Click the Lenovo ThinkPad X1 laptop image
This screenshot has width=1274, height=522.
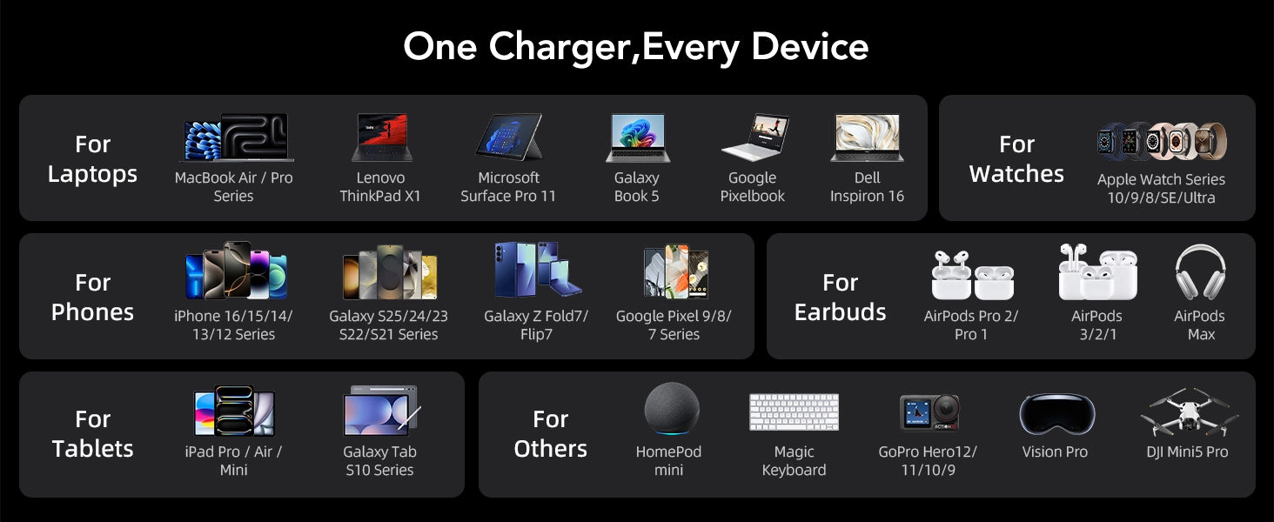(382, 137)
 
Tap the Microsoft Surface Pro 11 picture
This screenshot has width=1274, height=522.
(509, 137)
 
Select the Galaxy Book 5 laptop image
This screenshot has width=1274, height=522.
(638, 137)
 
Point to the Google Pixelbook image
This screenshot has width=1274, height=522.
(754, 137)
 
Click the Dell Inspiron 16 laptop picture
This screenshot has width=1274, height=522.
(867, 137)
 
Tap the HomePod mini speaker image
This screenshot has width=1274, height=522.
(672, 409)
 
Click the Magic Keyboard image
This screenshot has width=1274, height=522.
(794, 412)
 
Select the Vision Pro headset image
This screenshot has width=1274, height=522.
(1056, 414)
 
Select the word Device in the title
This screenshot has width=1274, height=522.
(810, 47)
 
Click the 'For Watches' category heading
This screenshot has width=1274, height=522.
(1016, 158)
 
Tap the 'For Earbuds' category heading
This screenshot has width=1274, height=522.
(840, 298)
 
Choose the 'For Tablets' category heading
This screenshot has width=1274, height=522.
(93, 434)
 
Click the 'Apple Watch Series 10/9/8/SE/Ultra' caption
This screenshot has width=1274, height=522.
(1161, 188)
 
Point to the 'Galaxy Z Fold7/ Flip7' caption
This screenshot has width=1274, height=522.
(536, 325)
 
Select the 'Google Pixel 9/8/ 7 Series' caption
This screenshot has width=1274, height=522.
(674, 325)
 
